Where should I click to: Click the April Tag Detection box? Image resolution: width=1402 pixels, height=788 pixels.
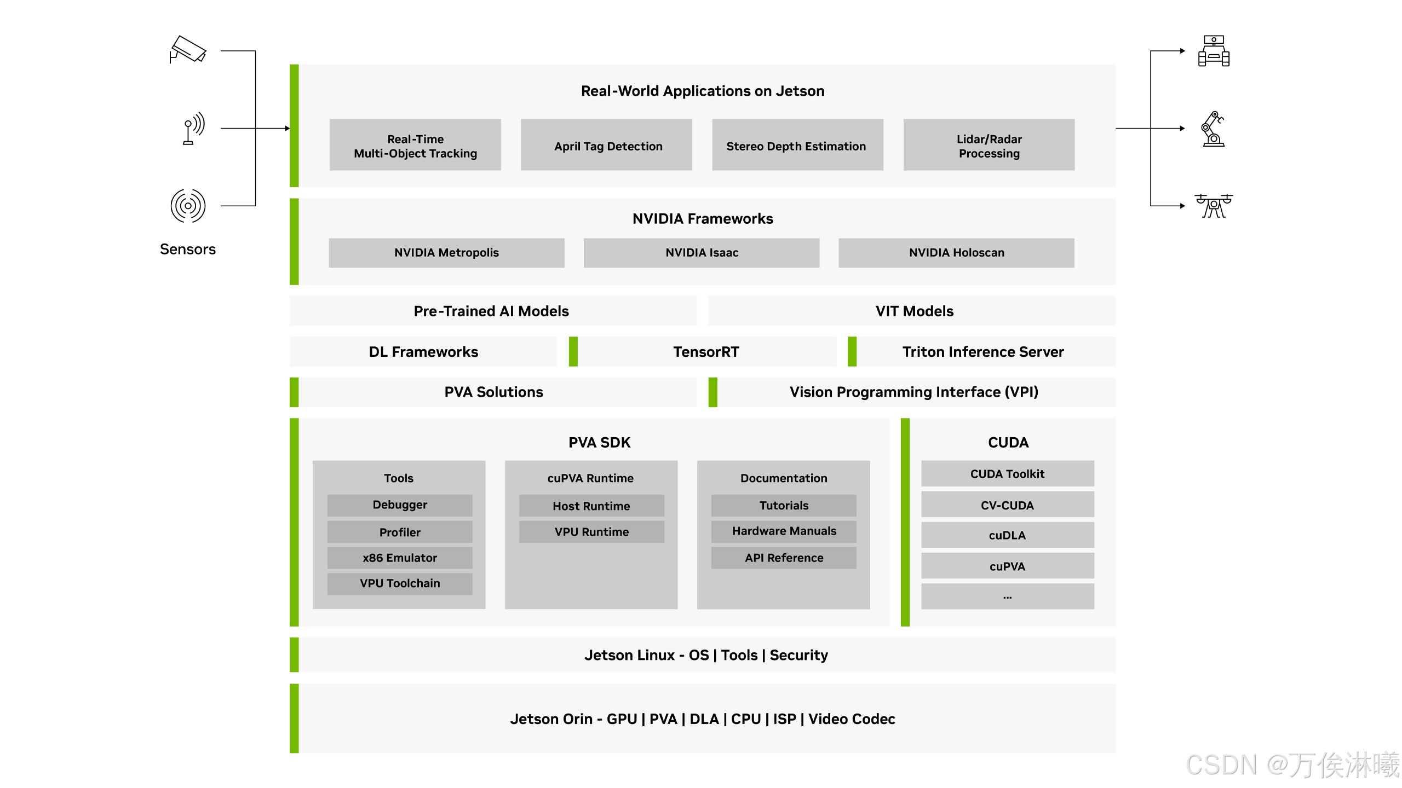click(606, 145)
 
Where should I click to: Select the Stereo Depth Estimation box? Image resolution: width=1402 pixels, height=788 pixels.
click(797, 145)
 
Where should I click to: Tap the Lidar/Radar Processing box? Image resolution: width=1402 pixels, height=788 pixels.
click(989, 145)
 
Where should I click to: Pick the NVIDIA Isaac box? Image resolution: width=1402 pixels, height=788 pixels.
click(701, 253)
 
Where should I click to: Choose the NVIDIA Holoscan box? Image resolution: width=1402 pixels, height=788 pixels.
click(956, 253)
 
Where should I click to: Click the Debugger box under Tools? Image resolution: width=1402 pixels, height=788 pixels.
click(400, 505)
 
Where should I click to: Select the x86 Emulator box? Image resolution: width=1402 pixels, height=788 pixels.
click(400, 558)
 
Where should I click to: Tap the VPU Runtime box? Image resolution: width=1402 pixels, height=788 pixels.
click(591, 532)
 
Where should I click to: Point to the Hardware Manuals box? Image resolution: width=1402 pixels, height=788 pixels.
click(784, 531)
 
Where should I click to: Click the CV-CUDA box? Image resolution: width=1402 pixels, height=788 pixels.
click(1007, 505)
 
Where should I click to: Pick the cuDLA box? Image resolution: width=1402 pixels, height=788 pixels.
click(1007, 535)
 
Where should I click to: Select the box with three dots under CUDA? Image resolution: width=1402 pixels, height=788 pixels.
click(1007, 596)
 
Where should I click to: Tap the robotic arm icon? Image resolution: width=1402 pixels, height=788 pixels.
click(1213, 129)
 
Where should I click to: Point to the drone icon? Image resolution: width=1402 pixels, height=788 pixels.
click(1214, 206)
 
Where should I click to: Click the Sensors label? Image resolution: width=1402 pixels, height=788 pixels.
click(188, 250)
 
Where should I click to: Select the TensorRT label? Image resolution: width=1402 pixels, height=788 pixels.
click(706, 352)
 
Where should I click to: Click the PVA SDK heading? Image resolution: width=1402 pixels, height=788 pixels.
click(599, 442)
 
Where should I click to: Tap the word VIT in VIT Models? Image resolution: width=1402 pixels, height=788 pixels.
click(887, 311)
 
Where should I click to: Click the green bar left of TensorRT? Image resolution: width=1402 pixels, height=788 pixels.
click(573, 351)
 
